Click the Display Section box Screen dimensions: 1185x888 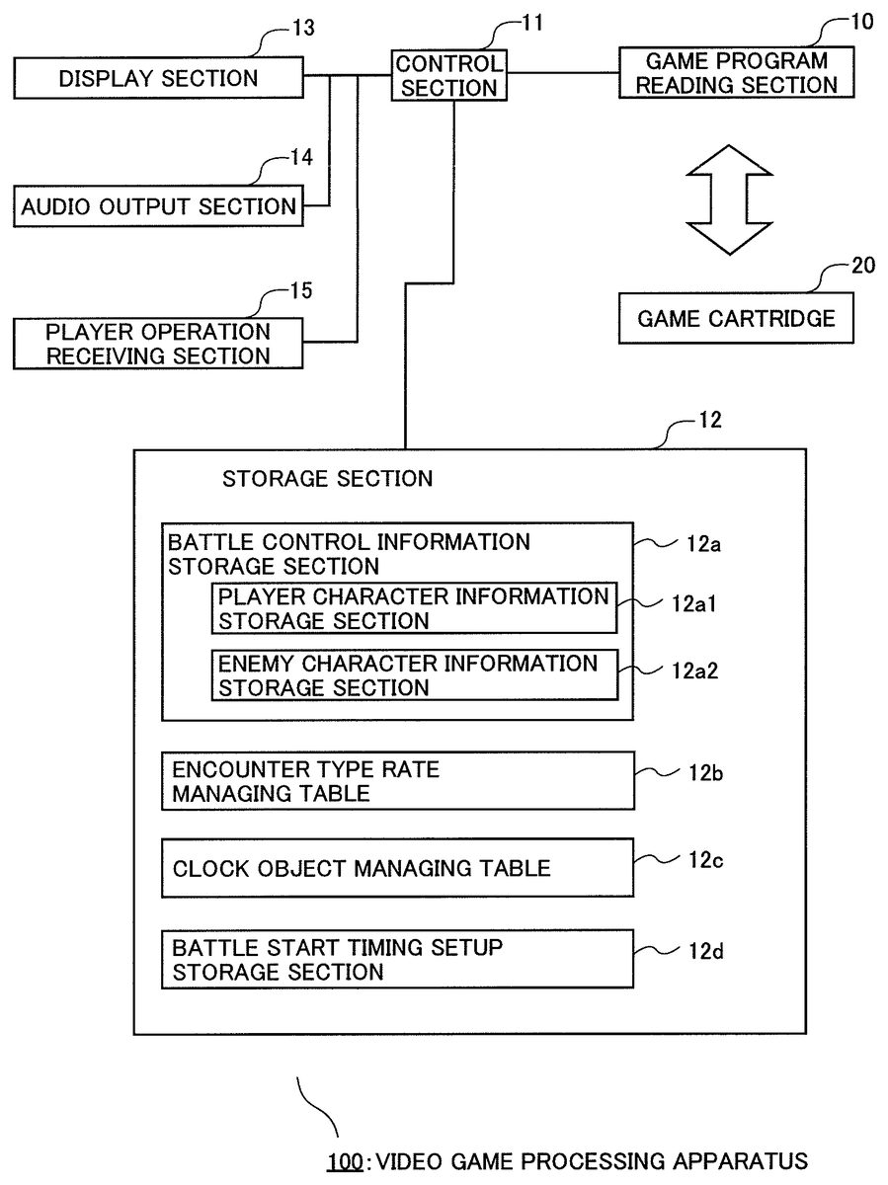pos(158,78)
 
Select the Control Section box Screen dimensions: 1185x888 pos(449,76)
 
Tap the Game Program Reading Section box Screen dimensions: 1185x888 pos(736,73)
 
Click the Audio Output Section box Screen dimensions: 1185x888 pos(159,206)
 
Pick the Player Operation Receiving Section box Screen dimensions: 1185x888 pos(158,343)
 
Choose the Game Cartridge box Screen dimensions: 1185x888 pos(736,318)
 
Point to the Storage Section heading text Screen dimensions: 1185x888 pos(328,479)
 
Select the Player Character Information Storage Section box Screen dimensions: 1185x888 pos(413,608)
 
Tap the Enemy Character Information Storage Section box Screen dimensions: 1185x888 pos(413,674)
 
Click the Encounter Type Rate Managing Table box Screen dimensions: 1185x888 pos(397,781)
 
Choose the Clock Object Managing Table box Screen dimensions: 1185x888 pos(397,868)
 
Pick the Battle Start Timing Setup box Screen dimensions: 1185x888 pos(397,959)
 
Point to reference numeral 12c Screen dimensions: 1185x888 pos(706,860)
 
